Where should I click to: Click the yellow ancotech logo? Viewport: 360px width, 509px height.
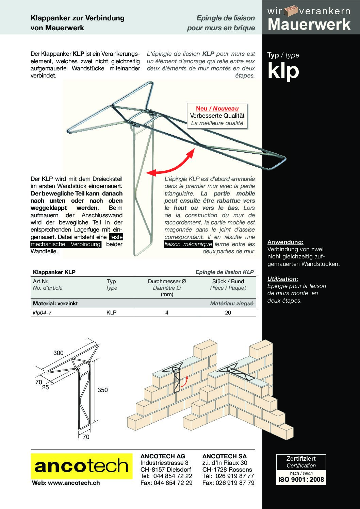(x=81, y=466)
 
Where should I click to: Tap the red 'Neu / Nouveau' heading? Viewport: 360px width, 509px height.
(x=217, y=108)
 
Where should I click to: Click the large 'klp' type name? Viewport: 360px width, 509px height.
(x=283, y=70)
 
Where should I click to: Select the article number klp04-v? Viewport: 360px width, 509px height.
(x=42, y=312)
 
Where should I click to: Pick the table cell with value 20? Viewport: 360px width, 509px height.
(x=228, y=312)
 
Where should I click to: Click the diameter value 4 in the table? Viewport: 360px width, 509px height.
(x=167, y=312)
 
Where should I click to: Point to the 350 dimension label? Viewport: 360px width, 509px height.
(x=102, y=390)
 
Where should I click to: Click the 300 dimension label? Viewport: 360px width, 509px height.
(x=59, y=353)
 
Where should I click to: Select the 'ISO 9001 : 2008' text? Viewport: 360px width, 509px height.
(x=301, y=480)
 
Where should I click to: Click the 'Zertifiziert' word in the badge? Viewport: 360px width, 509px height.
(x=301, y=459)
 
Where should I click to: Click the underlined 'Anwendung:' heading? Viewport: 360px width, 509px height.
(x=285, y=242)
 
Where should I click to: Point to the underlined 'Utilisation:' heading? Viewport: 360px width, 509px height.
(x=283, y=279)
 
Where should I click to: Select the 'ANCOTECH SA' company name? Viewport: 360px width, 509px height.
(x=224, y=456)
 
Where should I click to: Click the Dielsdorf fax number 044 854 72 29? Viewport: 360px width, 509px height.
(x=173, y=482)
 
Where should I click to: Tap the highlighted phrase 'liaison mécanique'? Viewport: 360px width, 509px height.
(x=188, y=244)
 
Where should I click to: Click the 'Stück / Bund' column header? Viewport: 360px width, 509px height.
(x=228, y=281)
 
